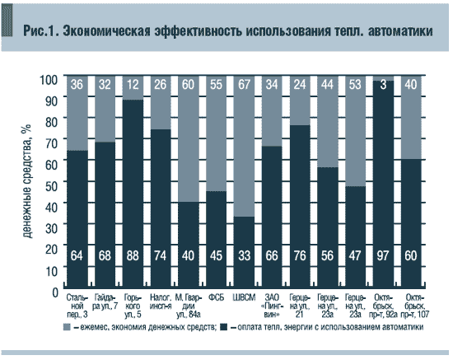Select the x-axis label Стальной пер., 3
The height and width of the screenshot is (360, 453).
tap(77, 302)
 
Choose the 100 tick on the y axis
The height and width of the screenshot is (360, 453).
tap(49, 80)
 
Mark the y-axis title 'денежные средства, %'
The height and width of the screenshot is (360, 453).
tap(27, 183)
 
